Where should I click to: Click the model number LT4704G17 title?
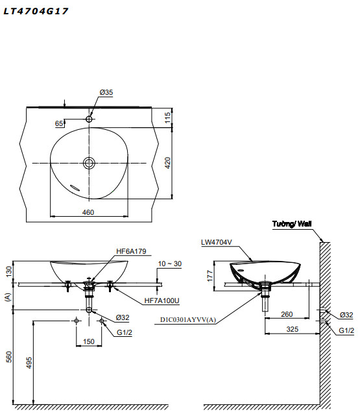[36, 11]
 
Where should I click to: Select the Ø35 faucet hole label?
[106, 93]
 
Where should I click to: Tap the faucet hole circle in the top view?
[90, 119]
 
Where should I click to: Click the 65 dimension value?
[60, 123]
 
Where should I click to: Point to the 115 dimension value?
[167, 117]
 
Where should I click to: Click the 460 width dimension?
[89, 212]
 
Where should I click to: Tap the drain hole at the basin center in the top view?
[90, 162]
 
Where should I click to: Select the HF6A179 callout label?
[132, 251]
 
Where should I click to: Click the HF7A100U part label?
[162, 301]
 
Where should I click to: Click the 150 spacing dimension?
[89, 341]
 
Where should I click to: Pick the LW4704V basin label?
[216, 242]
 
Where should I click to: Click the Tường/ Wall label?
[292, 224]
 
